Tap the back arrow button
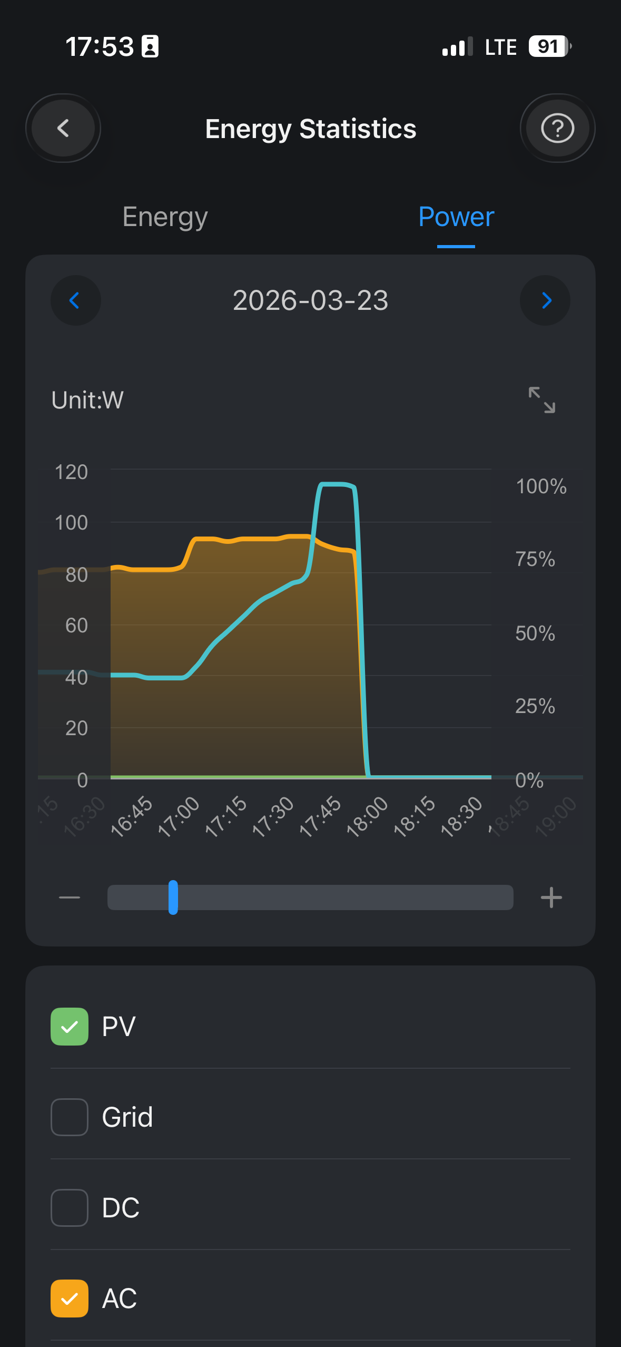click(63, 128)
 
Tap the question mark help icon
click(557, 128)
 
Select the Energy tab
click(165, 217)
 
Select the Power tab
click(456, 217)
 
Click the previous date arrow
click(75, 300)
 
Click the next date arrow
click(545, 300)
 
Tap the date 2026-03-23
click(310, 300)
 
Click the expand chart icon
click(541, 399)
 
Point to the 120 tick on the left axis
click(71, 472)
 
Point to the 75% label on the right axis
click(535, 559)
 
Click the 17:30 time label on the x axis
click(273, 816)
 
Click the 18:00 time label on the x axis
click(367, 816)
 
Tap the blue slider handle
click(173, 897)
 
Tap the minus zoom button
click(70, 897)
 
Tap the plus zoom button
click(551, 897)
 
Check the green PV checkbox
click(70, 1026)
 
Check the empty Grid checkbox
click(70, 1117)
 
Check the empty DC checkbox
click(70, 1207)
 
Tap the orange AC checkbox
click(70, 1298)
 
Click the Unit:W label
click(87, 400)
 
